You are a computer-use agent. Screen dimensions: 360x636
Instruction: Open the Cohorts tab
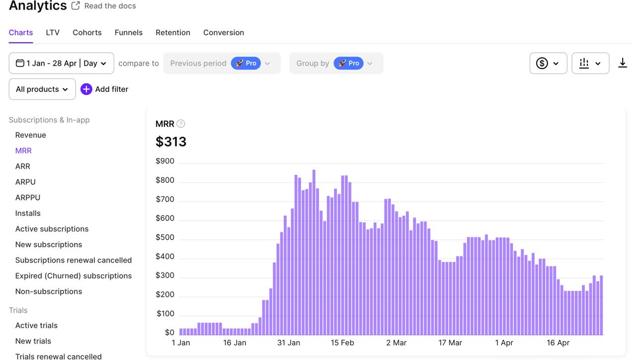pyautogui.click(x=87, y=33)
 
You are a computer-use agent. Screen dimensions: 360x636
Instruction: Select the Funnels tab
pyautogui.click(x=128, y=33)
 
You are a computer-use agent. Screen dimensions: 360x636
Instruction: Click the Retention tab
pyautogui.click(x=172, y=33)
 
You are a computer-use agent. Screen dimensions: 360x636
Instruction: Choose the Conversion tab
pyautogui.click(x=223, y=33)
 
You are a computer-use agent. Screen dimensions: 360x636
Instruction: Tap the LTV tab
pyautogui.click(x=53, y=33)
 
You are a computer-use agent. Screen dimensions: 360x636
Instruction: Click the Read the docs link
pyautogui.click(x=110, y=6)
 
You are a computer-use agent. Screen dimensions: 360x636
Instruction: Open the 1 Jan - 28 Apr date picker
pyautogui.click(x=61, y=63)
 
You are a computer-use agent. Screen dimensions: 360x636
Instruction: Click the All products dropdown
pyautogui.click(x=42, y=89)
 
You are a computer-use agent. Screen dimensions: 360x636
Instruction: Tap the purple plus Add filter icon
pyautogui.click(x=86, y=89)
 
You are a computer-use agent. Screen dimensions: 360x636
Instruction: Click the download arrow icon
pyautogui.click(x=622, y=63)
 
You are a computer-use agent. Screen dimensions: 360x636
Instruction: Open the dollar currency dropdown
pyautogui.click(x=548, y=63)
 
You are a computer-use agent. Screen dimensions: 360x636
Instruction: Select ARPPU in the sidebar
pyautogui.click(x=28, y=197)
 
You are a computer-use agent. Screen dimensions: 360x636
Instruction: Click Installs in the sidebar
pyautogui.click(x=28, y=213)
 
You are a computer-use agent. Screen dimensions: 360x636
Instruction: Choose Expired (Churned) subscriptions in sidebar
pyautogui.click(x=74, y=276)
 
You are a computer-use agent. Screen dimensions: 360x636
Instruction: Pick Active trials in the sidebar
pyautogui.click(x=36, y=326)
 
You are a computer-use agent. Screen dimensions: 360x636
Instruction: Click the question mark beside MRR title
pyautogui.click(x=181, y=124)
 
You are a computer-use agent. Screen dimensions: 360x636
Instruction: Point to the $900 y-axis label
pyautogui.click(x=165, y=161)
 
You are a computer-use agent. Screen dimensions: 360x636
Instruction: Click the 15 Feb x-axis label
pyautogui.click(x=342, y=343)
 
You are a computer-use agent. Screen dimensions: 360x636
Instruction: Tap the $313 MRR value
pyautogui.click(x=171, y=142)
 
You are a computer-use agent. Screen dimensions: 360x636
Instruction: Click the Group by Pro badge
pyautogui.click(x=348, y=63)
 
